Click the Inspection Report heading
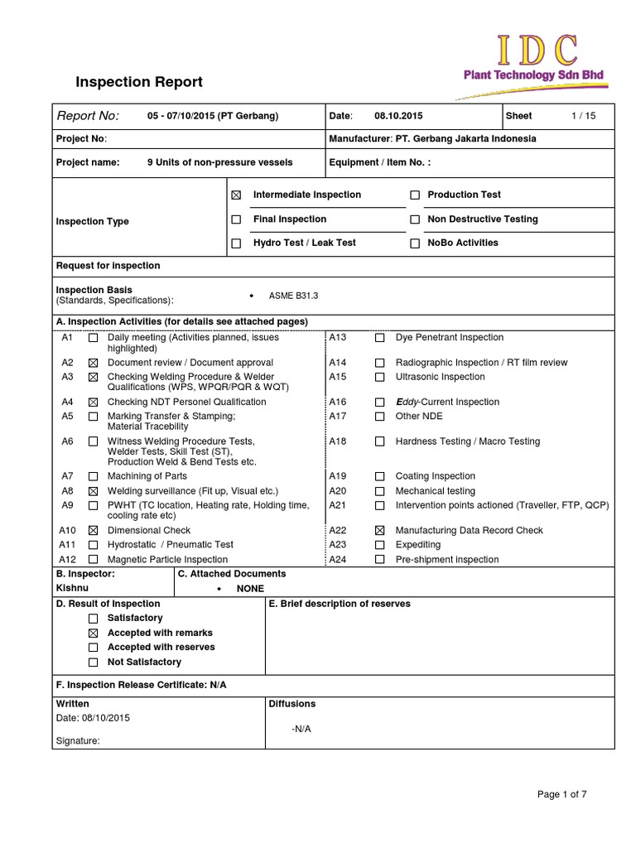(138, 82)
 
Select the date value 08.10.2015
(398, 116)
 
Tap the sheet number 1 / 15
(583, 116)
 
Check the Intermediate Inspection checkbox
(236, 195)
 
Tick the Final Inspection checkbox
(236, 219)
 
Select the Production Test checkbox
(415, 195)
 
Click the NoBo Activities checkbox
(415, 243)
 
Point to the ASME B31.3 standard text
(293, 296)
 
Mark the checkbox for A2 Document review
(93, 364)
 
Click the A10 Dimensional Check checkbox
(93, 531)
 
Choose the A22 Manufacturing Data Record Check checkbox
(379, 531)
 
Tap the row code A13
(337, 338)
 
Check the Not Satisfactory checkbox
(93, 662)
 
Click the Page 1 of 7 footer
(562, 795)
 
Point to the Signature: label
(77, 742)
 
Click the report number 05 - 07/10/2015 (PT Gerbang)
(212, 116)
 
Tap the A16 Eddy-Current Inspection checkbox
(379, 402)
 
